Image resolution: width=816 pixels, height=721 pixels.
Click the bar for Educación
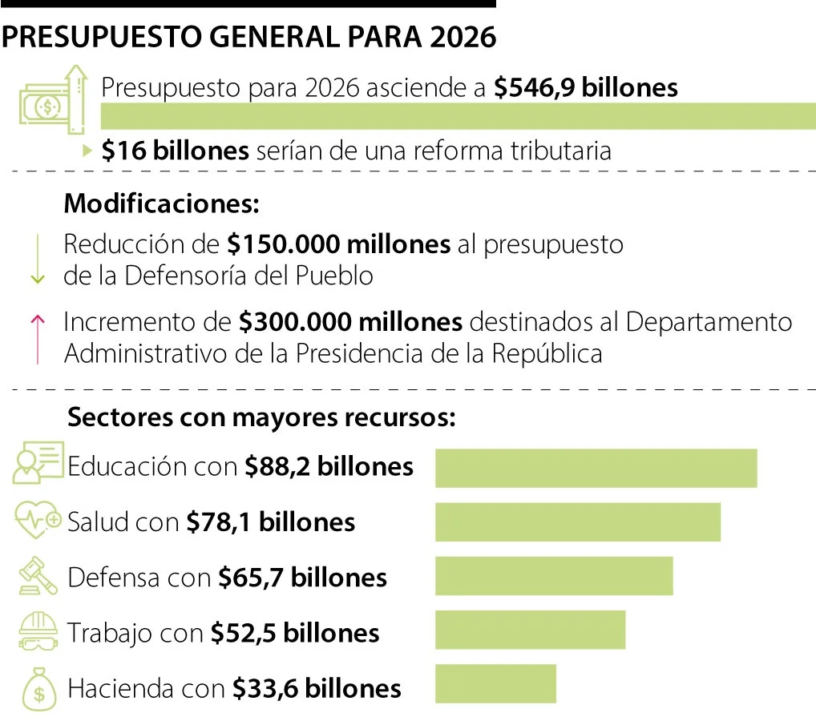596,468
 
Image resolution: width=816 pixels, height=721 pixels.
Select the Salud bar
577,522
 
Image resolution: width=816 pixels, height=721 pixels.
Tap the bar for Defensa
554,576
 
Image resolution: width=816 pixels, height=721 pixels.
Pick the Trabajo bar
530,630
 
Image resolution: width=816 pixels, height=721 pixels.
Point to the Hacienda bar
495,683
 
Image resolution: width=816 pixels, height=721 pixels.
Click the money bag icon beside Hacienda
38,687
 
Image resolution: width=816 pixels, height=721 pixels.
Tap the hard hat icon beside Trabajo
38,631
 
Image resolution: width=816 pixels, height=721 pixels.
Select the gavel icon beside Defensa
38,577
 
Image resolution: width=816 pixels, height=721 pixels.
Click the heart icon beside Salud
38,521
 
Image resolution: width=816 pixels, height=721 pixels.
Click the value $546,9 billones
585,87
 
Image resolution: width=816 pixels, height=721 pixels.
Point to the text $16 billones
175,151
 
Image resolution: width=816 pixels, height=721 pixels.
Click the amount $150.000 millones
338,244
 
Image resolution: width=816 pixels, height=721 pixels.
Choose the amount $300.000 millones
350,322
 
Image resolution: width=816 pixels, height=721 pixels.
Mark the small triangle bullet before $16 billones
88,150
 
